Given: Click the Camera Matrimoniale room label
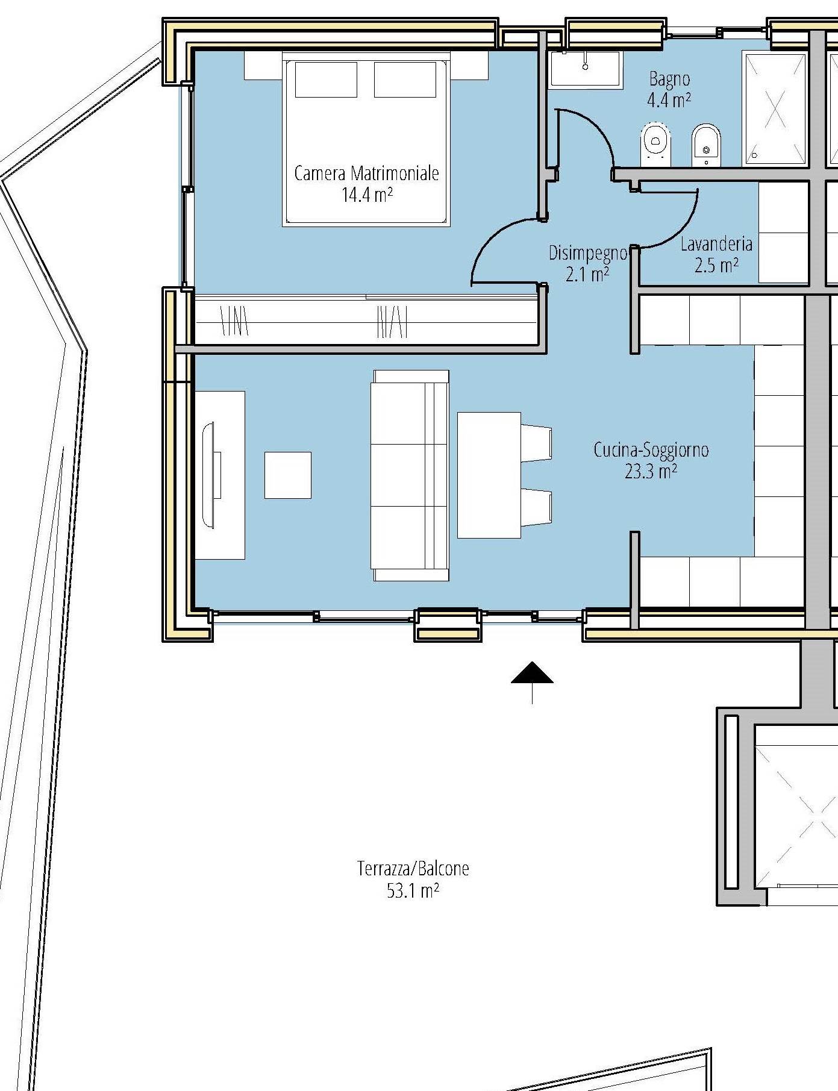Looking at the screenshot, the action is [366, 174].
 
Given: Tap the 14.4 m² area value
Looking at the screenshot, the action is [367, 195].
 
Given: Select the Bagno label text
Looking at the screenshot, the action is [669, 79].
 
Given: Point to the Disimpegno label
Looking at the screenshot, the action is [588, 254].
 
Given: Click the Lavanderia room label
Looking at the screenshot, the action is [716, 244].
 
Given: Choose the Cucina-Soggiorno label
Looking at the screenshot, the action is [651, 450].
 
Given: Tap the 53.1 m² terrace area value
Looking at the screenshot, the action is [413, 890].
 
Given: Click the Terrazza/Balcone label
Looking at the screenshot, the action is [413, 869].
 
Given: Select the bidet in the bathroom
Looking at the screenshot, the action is [706, 145].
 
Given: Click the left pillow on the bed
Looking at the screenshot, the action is [326, 80].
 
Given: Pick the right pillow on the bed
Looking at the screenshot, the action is [405, 80].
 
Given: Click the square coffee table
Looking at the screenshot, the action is [288, 475].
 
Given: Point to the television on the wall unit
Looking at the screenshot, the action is [211, 475].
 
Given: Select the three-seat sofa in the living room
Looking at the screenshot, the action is [410, 475].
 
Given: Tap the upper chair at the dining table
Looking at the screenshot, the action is [536, 443].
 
